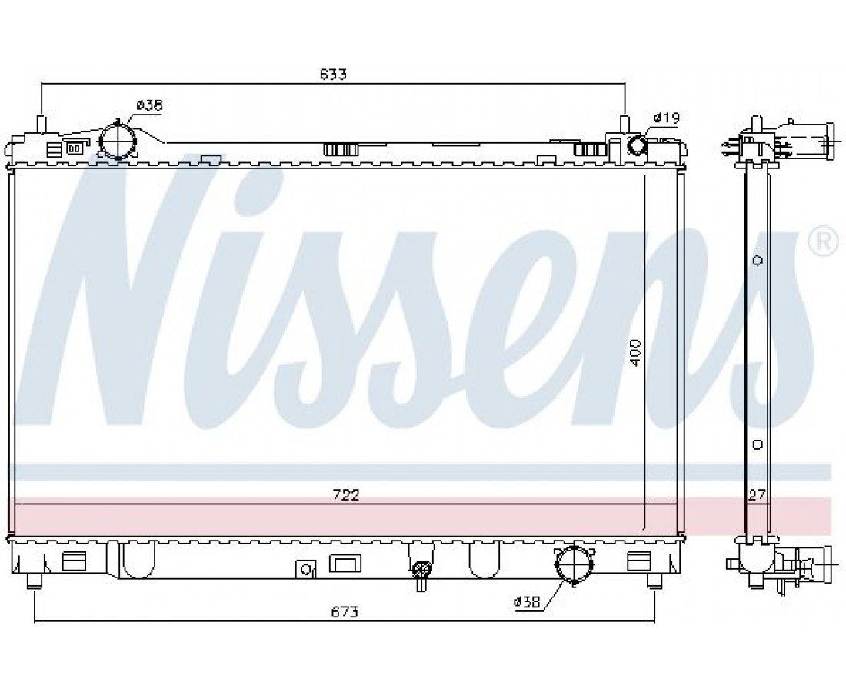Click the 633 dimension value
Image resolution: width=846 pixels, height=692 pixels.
tap(333, 74)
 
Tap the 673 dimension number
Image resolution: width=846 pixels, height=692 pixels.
tap(345, 612)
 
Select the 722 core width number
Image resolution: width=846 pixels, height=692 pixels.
tap(346, 494)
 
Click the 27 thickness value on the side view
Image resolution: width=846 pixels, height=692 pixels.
tap(757, 494)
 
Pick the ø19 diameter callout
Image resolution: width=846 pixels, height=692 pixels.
tap(666, 117)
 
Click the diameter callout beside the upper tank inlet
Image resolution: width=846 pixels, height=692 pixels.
tap(149, 105)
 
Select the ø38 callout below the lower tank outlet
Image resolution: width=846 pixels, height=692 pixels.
tap(527, 603)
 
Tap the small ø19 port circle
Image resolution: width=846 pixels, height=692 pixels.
tap(638, 145)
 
